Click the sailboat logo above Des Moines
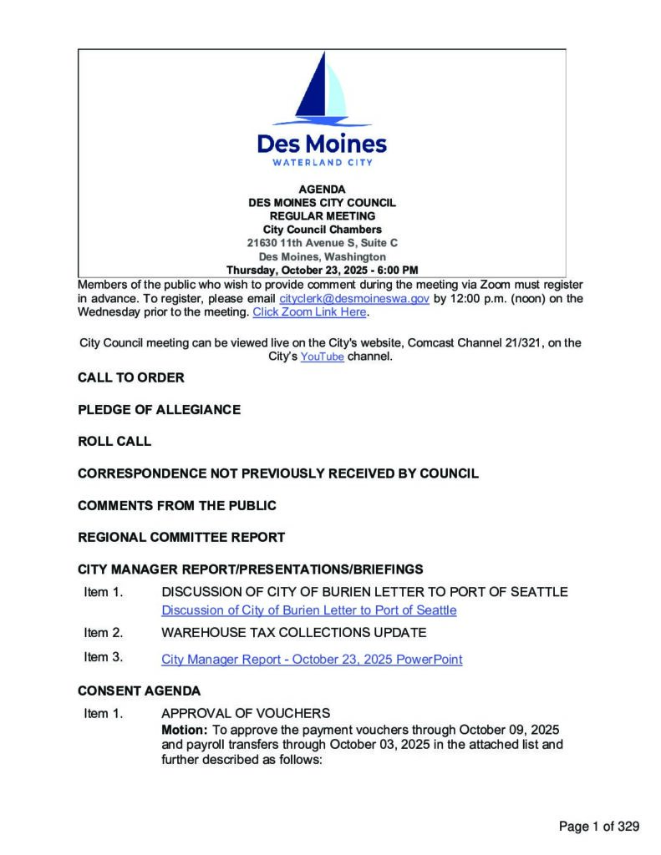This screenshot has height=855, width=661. coord(322,89)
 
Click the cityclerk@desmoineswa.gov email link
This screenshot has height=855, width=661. coord(354,298)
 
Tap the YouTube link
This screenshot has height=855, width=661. coord(322,357)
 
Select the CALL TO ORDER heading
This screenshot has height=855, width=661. coord(131,377)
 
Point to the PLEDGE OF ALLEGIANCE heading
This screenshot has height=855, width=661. coord(159,409)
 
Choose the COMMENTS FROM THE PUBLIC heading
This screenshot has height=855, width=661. coord(177,505)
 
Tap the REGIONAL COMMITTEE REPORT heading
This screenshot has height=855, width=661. coord(181,537)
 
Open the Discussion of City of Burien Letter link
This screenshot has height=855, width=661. coord(309,610)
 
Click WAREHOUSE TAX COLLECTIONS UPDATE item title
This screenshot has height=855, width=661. coord(293,632)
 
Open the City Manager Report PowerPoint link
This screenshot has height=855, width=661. coord(312,660)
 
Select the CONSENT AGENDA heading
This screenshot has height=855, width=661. coord(139,691)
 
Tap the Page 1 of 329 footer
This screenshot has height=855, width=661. coord(599,827)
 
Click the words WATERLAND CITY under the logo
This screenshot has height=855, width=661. coord(322,162)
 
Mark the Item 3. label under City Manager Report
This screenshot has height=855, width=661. coord(104,657)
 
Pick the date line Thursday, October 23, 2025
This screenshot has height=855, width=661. coord(322,270)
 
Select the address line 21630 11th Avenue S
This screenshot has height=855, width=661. coord(322,243)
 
